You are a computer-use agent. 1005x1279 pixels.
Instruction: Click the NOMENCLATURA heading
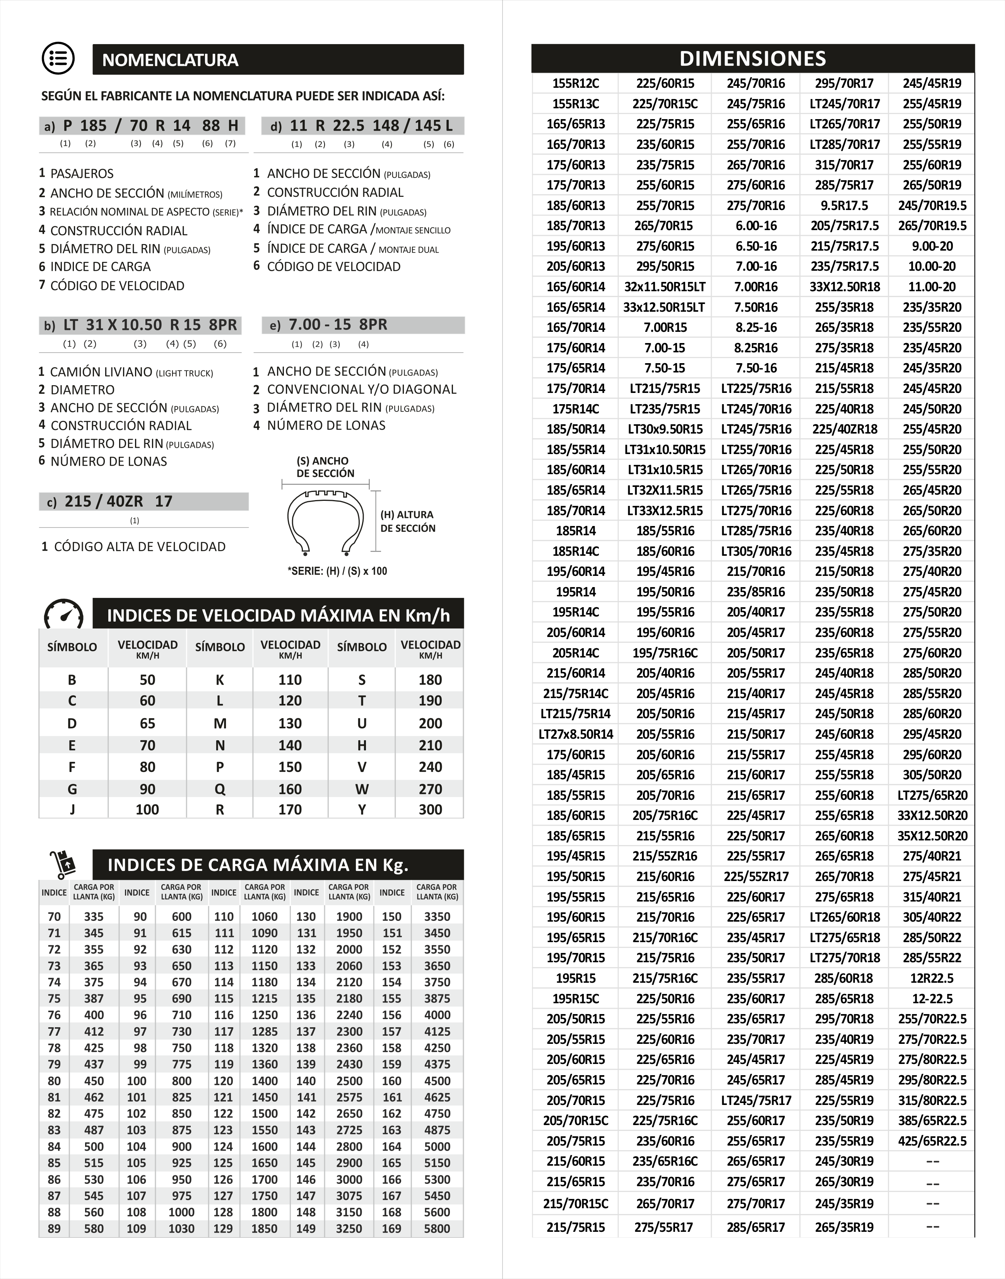[x=170, y=60]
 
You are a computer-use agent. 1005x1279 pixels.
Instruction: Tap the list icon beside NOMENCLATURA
[x=58, y=59]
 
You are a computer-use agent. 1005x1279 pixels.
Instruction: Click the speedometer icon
[x=63, y=615]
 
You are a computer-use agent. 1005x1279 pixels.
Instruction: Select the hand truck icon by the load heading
[x=63, y=865]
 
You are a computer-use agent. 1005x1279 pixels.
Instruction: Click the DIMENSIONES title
[x=752, y=58]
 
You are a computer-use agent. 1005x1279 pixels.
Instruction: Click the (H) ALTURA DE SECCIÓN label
[x=407, y=521]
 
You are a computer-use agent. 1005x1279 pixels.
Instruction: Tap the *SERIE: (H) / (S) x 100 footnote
[x=337, y=571]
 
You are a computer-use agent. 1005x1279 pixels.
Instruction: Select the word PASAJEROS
[x=82, y=174]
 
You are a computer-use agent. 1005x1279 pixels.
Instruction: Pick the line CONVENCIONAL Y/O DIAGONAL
[x=361, y=389]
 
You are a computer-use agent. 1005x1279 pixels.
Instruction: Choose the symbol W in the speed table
[x=361, y=789]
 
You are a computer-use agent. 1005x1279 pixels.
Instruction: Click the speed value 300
[x=430, y=809]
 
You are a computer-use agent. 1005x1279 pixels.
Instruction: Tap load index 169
[x=391, y=1228]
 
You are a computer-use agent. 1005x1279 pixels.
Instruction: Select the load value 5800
[x=437, y=1228]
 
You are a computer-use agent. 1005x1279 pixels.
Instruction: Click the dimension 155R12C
[x=576, y=84]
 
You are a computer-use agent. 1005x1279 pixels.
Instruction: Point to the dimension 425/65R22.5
[x=932, y=1141]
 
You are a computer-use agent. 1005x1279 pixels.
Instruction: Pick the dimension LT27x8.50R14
[x=576, y=734]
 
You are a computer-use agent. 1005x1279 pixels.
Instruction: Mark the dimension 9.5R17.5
[x=844, y=205]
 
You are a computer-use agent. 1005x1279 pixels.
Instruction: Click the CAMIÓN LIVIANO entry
[x=101, y=372]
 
